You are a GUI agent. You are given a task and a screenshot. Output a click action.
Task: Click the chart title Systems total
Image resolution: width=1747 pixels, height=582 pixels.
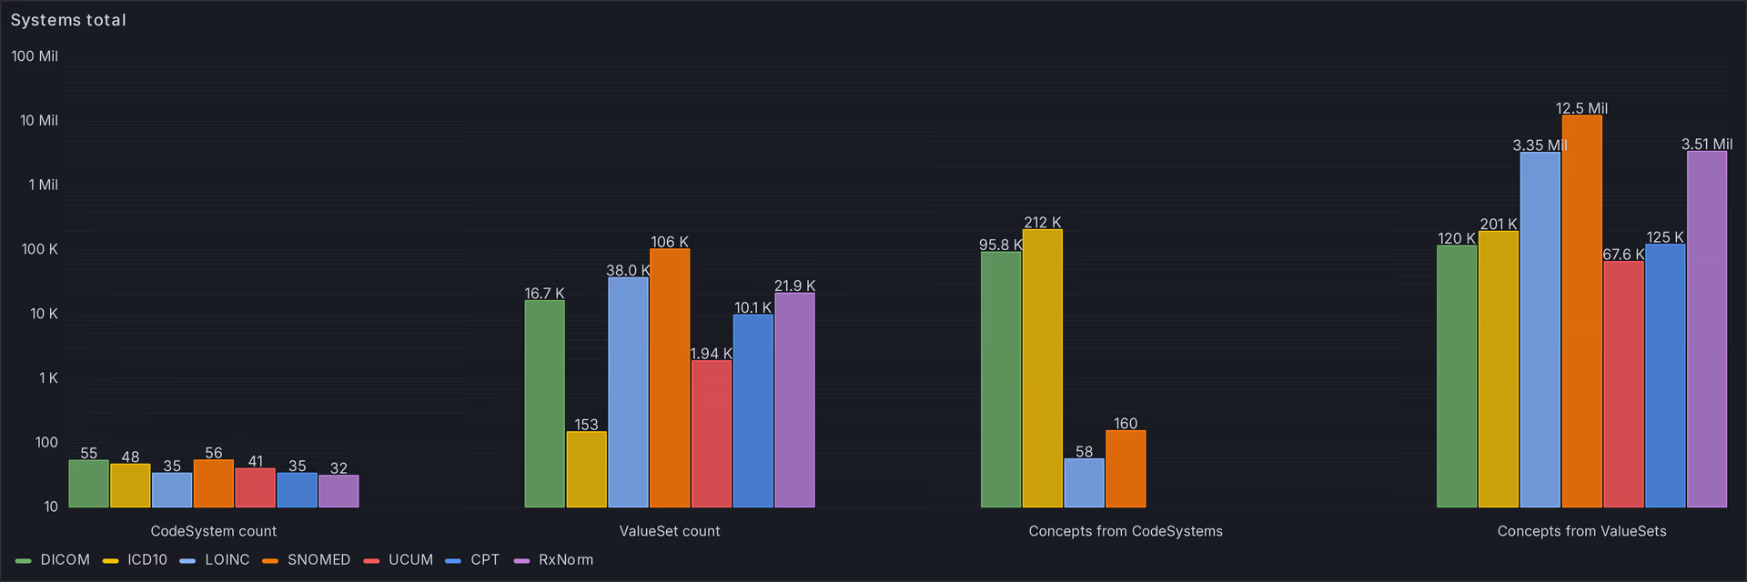point(68,20)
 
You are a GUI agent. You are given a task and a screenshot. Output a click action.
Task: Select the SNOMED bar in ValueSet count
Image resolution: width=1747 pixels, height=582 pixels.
point(670,377)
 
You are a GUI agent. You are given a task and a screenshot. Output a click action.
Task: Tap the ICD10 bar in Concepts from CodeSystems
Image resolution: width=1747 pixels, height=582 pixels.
point(1042,368)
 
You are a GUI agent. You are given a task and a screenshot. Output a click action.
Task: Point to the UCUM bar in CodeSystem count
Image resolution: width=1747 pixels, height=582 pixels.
point(256,487)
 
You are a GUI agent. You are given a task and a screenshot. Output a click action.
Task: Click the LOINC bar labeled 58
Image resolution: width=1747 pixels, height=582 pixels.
point(1084,483)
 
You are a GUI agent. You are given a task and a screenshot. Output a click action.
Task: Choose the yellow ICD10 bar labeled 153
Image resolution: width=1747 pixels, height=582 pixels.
point(586,469)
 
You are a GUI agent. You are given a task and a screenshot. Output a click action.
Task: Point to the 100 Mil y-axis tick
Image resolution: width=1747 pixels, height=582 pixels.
point(35,56)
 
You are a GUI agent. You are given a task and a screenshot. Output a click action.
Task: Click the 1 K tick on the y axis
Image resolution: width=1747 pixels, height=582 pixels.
point(48,378)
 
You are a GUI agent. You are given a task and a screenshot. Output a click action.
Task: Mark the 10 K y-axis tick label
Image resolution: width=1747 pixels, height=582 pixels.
point(44,314)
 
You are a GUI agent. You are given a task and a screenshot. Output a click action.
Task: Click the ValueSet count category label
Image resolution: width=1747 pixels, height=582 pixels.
point(670,531)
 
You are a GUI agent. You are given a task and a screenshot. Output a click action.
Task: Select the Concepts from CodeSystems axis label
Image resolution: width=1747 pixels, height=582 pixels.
point(1126,531)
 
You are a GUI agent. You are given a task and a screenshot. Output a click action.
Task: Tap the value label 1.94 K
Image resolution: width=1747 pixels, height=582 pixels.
point(711,354)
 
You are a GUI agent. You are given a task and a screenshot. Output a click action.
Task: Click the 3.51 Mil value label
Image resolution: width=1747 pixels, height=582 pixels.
point(1706,145)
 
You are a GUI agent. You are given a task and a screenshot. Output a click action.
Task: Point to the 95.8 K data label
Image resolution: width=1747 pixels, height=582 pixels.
point(1000,245)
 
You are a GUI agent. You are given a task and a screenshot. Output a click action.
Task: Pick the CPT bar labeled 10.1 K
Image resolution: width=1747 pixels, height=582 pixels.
point(752,410)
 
